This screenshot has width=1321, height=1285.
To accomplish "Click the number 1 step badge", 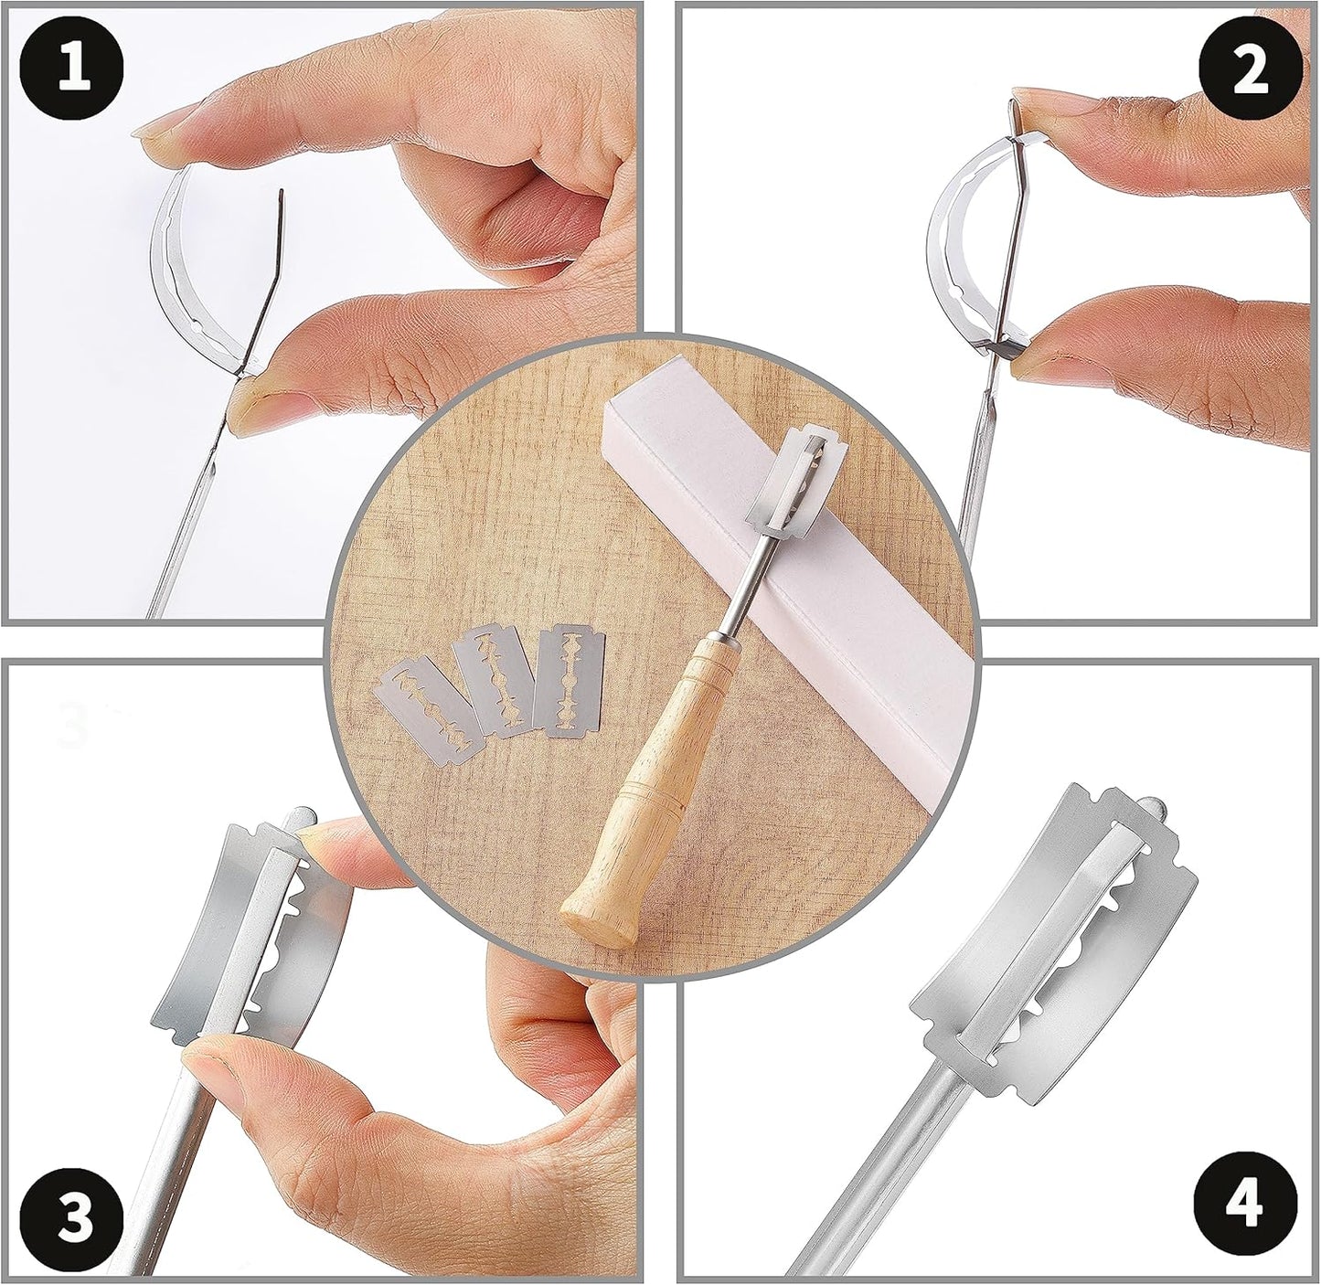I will pos(74,71).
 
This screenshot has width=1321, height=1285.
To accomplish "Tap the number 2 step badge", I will pos(1249,71).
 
